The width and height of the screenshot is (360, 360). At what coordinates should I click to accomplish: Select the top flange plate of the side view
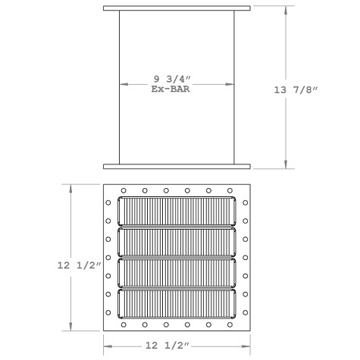pos(177,8)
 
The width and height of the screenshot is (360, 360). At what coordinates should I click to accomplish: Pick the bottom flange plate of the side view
pos(177,166)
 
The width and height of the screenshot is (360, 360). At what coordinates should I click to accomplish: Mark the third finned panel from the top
pos(177,271)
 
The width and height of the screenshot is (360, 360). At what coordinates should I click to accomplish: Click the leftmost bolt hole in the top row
pos(124,190)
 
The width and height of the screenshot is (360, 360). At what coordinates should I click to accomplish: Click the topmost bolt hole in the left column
pos(109,202)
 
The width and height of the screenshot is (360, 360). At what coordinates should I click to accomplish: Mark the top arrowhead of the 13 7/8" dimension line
pos(285,10)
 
